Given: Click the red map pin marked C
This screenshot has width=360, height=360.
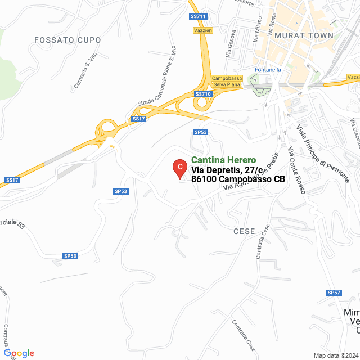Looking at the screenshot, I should click(179, 166).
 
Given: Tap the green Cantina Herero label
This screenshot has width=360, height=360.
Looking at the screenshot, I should click(224, 160).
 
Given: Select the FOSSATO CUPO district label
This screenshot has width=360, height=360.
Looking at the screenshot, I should click(67, 40).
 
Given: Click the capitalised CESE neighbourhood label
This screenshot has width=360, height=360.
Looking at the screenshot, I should click(244, 231).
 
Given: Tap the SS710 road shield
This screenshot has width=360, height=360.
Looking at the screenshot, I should click(202, 93).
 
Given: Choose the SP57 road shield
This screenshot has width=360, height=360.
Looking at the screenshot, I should click(334, 292).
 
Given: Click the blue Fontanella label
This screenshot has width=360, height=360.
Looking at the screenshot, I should click(268, 70).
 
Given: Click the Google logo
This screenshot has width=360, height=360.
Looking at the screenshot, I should click(19, 353).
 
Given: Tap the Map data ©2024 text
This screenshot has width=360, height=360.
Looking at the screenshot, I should click(336, 355).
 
